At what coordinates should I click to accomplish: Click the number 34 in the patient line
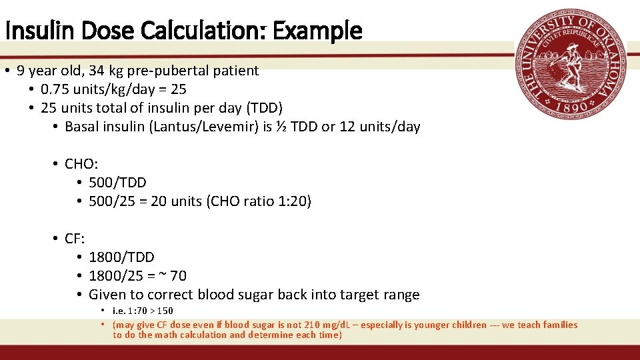(96, 70)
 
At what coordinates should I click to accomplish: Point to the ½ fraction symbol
(283, 126)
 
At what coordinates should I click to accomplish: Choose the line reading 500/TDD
(117, 182)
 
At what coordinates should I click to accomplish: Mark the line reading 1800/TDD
(121, 257)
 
